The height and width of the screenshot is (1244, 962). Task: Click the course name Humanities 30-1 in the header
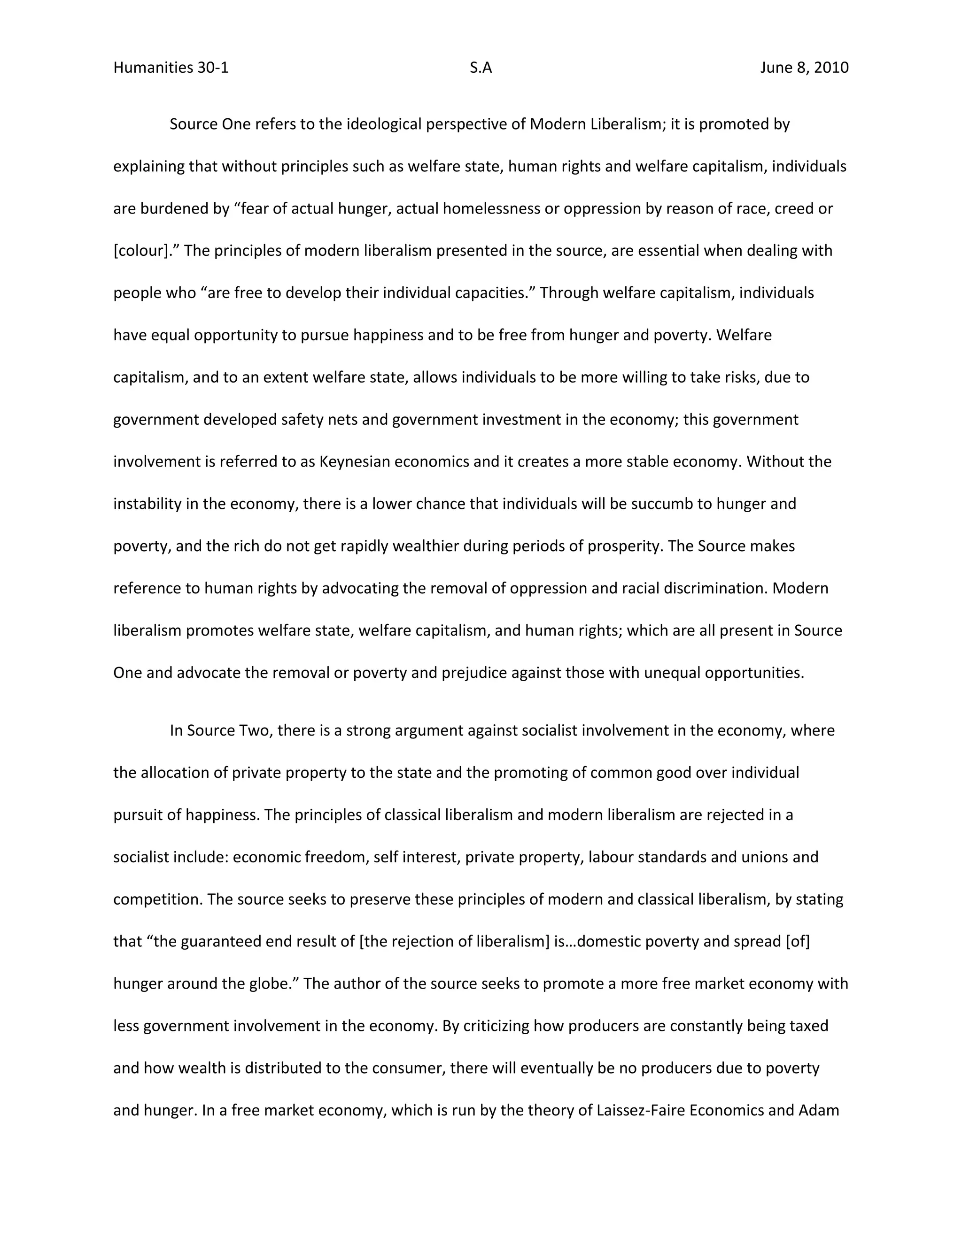click(x=171, y=68)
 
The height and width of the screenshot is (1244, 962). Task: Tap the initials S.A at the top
click(x=481, y=68)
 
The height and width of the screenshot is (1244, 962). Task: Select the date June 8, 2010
click(x=804, y=68)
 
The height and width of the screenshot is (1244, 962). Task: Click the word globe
click(x=270, y=983)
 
